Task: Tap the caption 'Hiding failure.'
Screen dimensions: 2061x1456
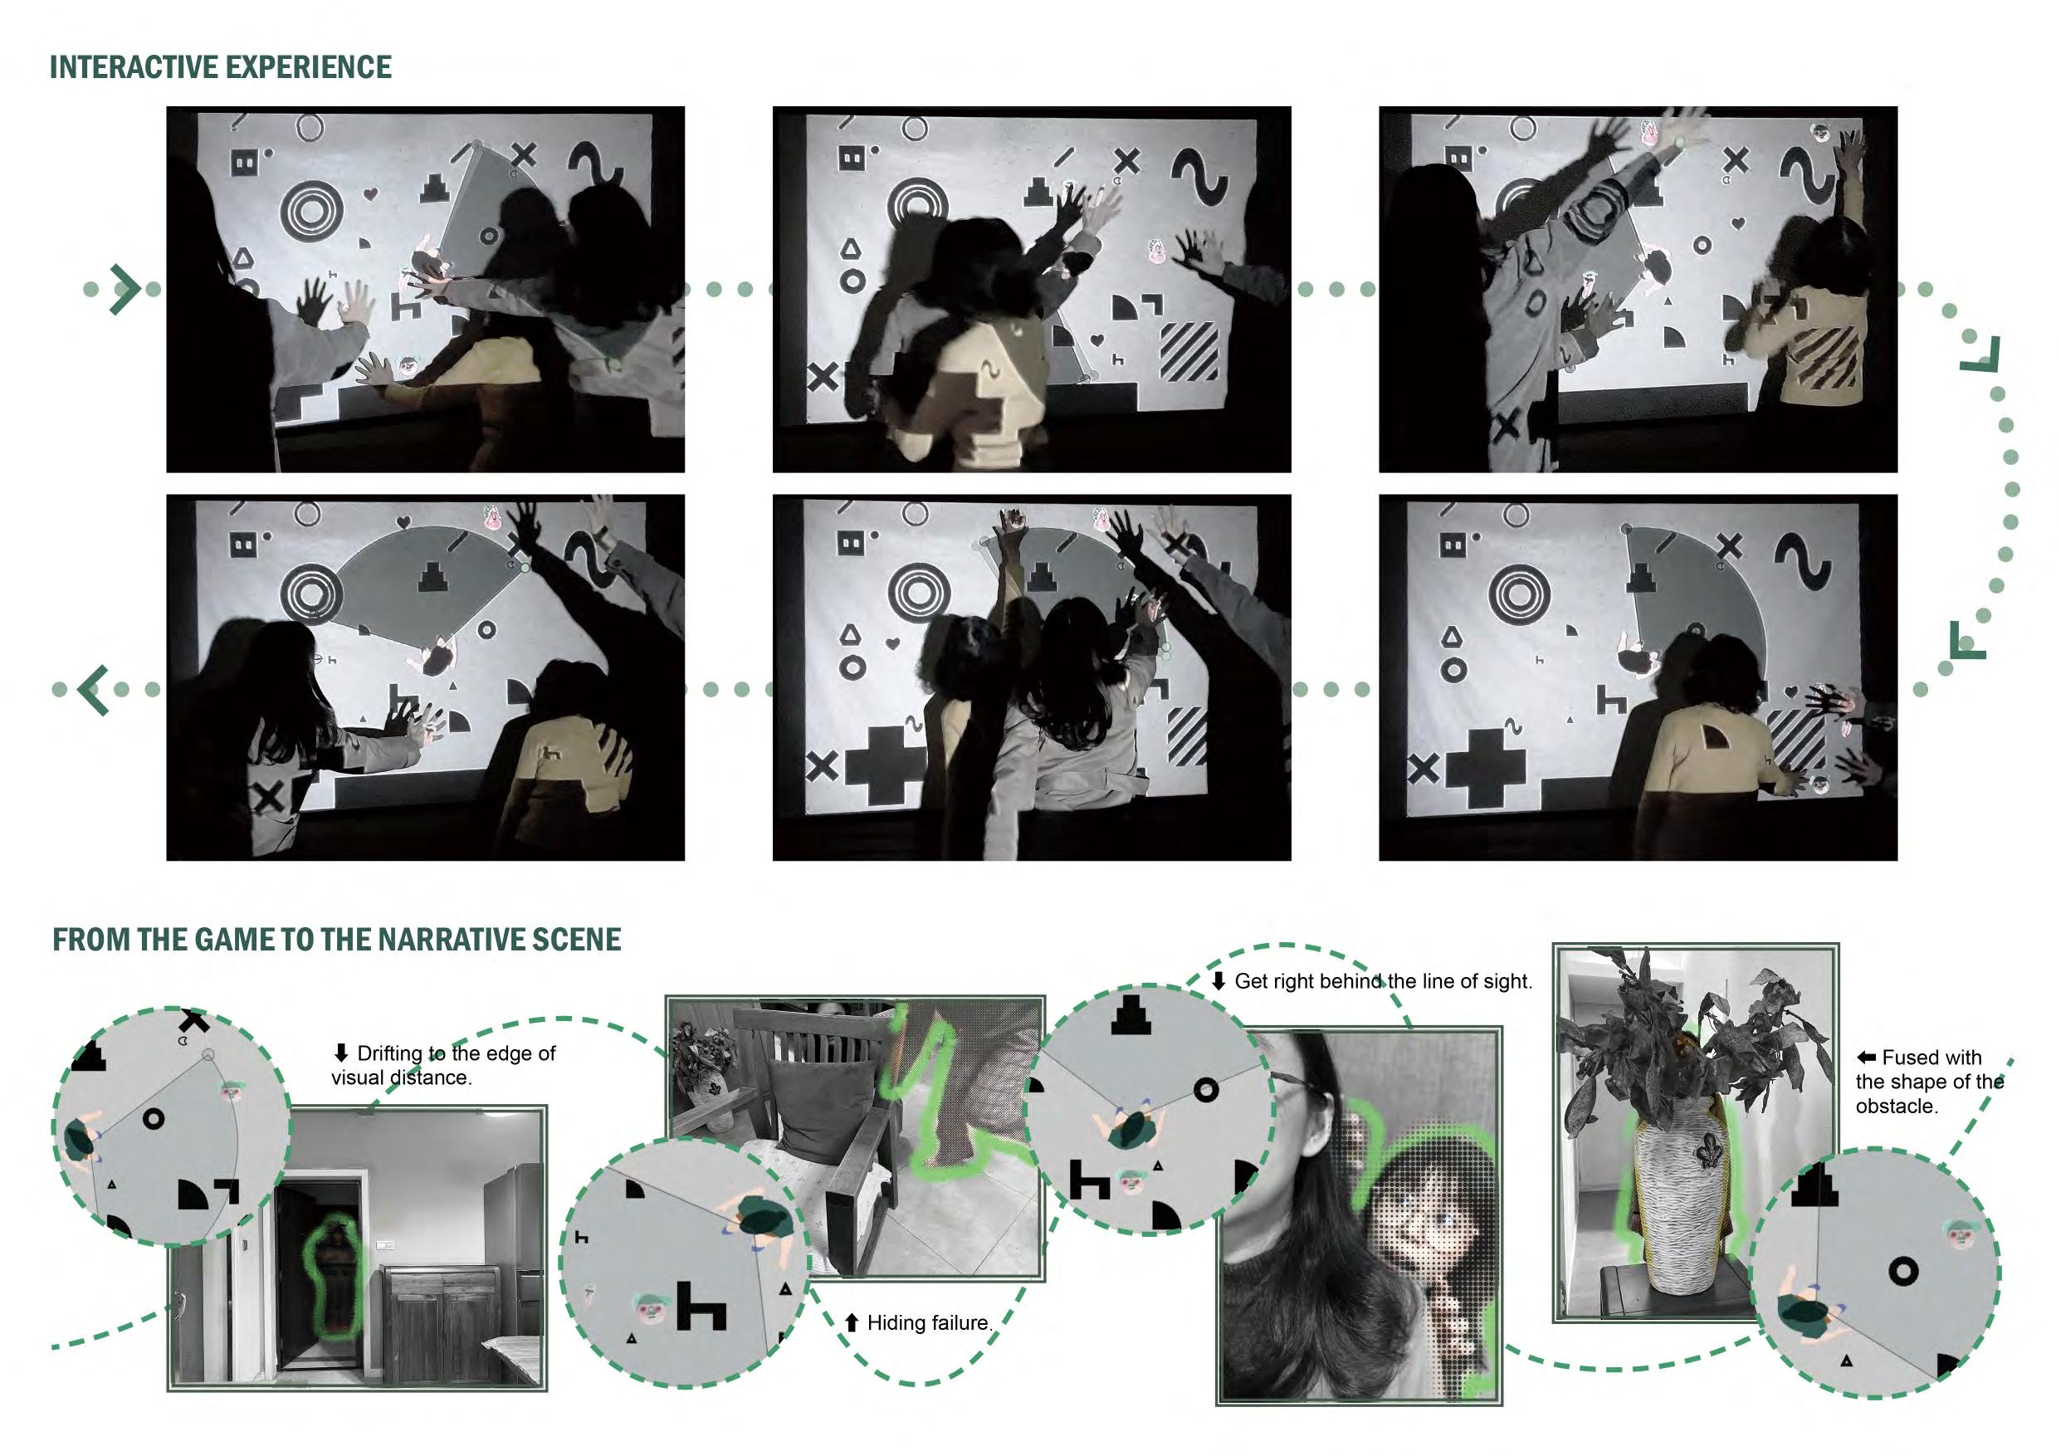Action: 929,1322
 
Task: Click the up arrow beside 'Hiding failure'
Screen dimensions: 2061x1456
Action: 852,1322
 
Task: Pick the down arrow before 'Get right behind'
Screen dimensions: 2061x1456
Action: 1219,981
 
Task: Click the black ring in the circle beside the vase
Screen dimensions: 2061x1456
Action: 1903,1271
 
